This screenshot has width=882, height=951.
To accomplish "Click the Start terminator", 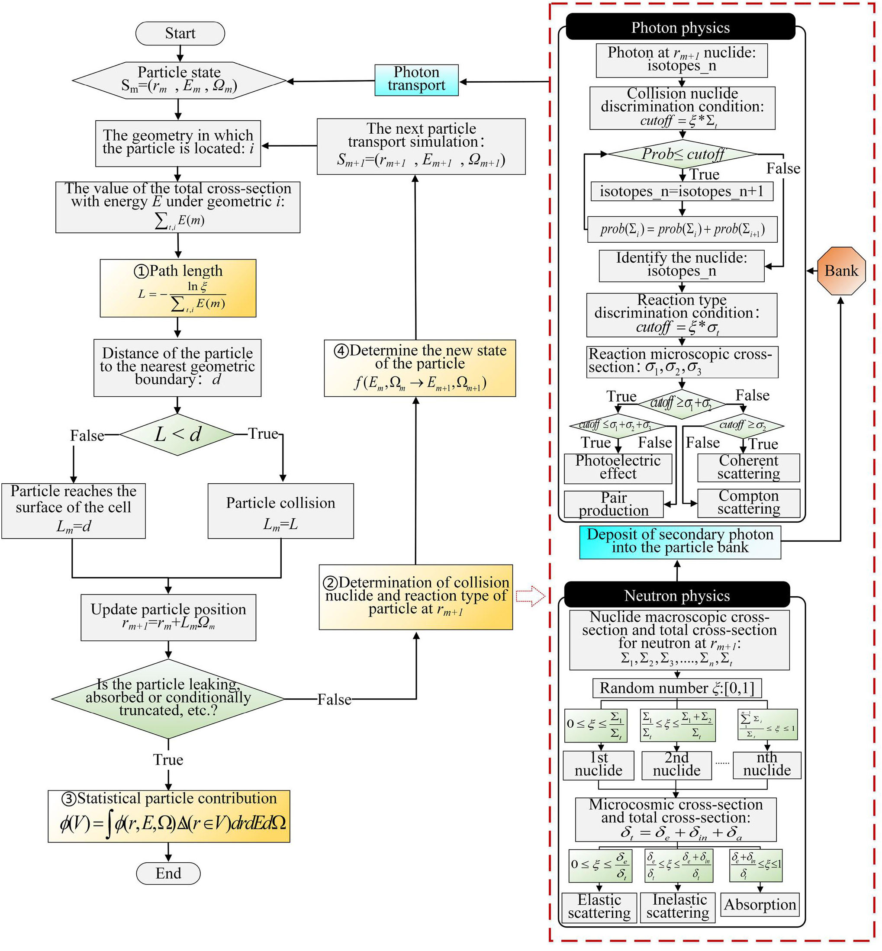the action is pos(180,33).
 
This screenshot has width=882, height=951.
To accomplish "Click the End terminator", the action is pos(168,873).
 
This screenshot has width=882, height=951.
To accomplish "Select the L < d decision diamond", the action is pos(177,434).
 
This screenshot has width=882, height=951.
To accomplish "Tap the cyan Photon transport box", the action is pos(416,80).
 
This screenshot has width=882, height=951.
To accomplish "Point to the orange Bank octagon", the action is pos(841,270).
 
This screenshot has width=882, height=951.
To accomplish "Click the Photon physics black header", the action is pos(680,27).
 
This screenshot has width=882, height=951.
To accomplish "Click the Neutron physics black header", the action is pos(677,595).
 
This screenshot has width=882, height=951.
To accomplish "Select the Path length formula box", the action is pos(177,288).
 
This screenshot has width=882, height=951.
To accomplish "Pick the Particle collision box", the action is pos(280,511).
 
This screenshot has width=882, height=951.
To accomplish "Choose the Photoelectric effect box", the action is pos(618,468).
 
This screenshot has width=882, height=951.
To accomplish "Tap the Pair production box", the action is pos(614,504).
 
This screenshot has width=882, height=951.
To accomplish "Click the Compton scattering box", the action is pos(748,502).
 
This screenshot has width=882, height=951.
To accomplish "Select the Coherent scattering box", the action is pos(748,467).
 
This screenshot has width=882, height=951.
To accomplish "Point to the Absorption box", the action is pos(760,905).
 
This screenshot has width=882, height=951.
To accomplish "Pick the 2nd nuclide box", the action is pos(676,765).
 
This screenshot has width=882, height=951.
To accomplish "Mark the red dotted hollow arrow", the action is pos(531,596).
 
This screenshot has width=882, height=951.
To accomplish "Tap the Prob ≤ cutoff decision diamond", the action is pos(682,154).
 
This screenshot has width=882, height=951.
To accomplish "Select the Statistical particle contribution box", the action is pos(169,816).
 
